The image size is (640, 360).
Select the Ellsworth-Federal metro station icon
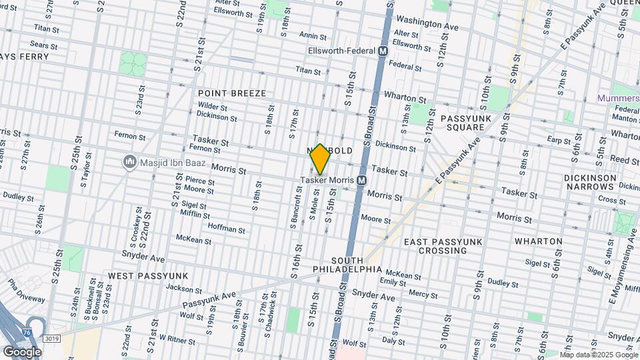383,51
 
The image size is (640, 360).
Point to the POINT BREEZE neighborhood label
231,94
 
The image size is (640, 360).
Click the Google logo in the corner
23,351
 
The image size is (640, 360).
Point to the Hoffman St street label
227,229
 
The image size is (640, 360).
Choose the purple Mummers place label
617,98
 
